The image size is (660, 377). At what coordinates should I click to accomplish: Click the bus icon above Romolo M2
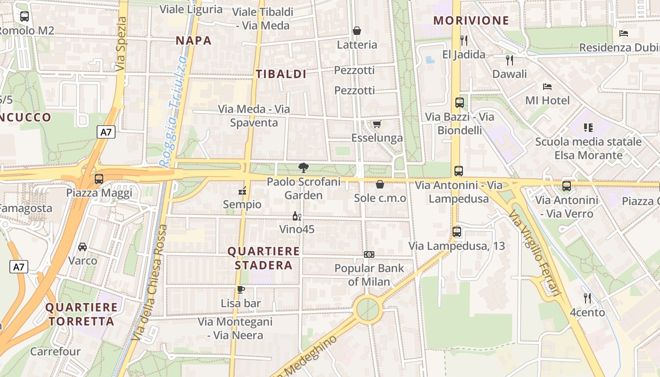(25, 16)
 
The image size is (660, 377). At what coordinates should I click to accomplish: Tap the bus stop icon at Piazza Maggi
(99, 179)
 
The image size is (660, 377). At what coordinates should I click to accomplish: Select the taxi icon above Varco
(82, 246)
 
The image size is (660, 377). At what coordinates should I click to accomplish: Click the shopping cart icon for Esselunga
(377, 124)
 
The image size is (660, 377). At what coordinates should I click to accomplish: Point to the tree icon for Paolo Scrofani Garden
(303, 167)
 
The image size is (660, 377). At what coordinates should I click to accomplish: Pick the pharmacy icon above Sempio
(242, 191)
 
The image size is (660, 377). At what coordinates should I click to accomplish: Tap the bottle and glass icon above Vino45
(297, 216)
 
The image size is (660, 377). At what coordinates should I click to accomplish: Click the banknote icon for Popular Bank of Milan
(369, 254)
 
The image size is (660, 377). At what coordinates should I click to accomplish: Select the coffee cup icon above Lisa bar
(241, 289)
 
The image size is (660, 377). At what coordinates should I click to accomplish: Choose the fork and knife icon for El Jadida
(464, 41)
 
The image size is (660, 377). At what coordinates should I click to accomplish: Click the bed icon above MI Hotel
(547, 87)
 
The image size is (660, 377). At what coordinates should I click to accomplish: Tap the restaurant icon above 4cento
(587, 298)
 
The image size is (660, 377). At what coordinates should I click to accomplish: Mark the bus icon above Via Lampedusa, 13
(456, 232)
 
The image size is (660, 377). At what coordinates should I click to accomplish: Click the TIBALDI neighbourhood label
(281, 74)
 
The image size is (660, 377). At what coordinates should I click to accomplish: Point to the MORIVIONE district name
(471, 21)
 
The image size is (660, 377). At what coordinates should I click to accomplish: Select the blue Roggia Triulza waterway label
(173, 112)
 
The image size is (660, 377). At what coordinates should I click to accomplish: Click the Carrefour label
(55, 352)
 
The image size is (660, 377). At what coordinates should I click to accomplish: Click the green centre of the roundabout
(368, 310)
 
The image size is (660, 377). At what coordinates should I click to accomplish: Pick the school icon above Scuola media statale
(588, 128)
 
